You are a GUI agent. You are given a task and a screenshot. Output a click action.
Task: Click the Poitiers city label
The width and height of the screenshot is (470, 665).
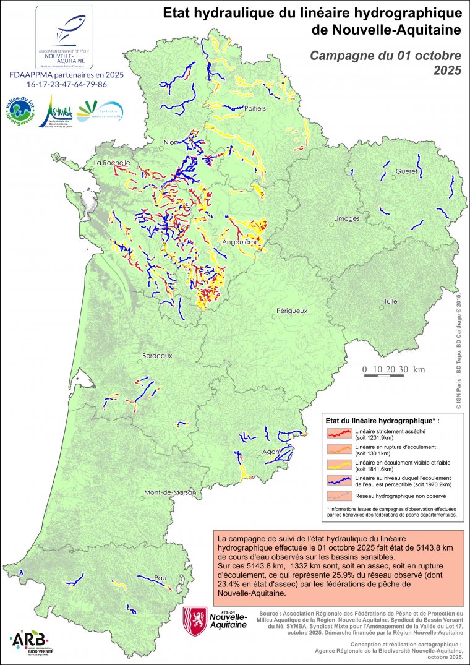[x=255, y=109]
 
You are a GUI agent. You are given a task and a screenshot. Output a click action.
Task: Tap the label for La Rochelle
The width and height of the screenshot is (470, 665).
[x=111, y=163]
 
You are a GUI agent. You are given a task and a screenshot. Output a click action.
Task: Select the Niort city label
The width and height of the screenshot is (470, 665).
[x=171, y=143]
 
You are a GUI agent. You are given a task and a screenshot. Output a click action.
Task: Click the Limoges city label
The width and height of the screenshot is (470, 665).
[x=346, y=219]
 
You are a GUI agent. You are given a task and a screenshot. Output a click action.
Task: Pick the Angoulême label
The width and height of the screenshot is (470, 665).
[x=239, y=242]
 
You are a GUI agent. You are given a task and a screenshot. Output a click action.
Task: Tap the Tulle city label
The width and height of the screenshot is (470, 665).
[x=390, y=301]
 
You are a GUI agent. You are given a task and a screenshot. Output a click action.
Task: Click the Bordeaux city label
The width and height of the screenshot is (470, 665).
[x=157, y=356]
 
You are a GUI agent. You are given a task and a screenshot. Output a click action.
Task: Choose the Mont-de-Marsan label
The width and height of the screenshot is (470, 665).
[x=169, y=493]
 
